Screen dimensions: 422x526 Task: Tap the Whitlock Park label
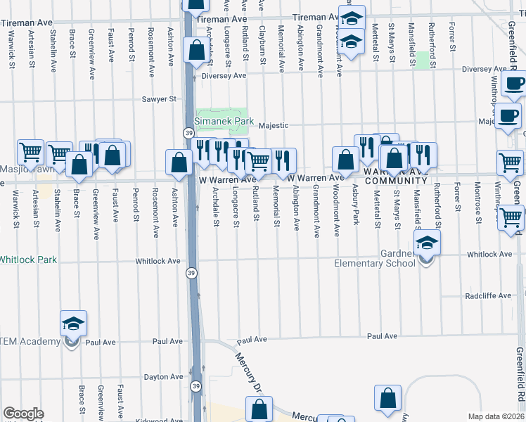tap(27, 259)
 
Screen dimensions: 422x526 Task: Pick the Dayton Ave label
tap(163, 377)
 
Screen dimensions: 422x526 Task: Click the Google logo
tap(23, 414)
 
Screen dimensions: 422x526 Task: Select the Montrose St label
tap(477, 204)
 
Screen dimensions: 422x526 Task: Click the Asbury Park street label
tap(357, 204)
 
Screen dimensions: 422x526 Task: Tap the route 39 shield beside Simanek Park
tap(189, 133)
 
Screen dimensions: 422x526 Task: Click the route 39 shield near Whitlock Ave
tap(191, 273)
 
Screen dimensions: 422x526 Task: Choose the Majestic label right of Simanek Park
tap(274, 126)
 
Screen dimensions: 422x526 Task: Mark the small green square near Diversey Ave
tap(422, 60)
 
